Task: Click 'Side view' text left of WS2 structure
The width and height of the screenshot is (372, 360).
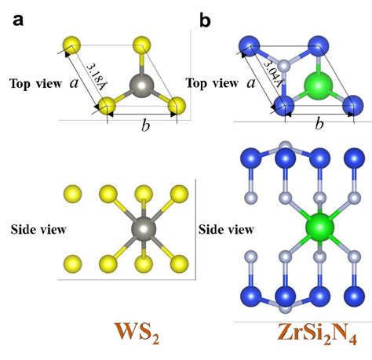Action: tap(37, 229)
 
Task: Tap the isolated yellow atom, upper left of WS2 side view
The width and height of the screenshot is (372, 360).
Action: tap(71, 193)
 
